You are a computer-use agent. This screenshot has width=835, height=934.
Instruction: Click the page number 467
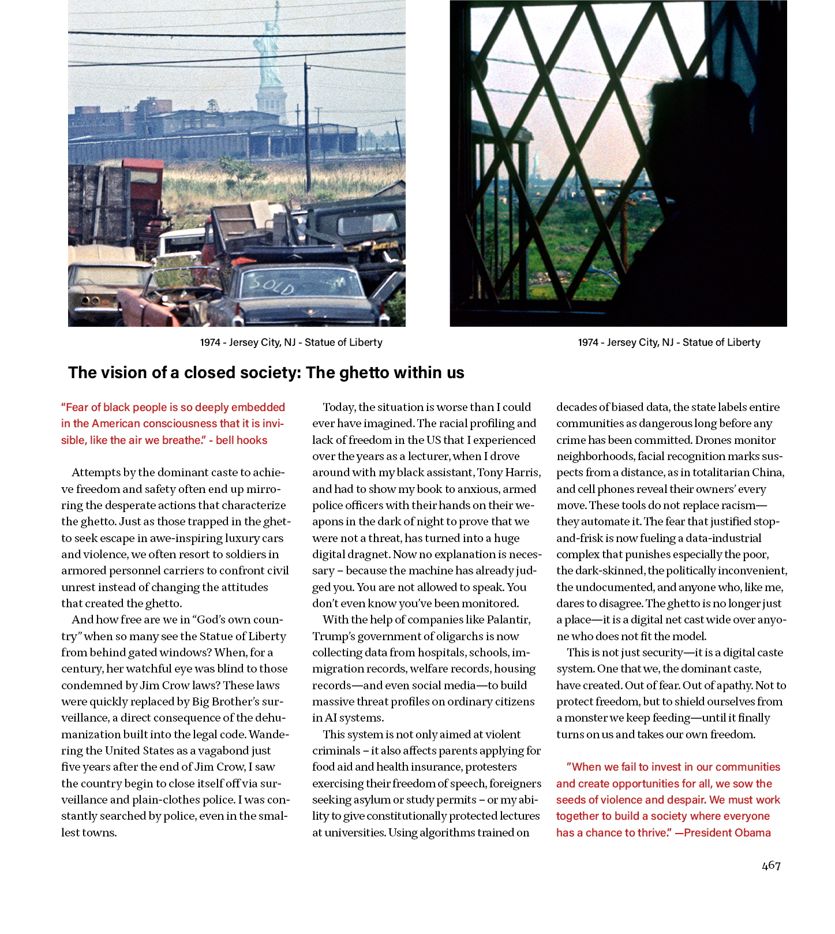[771, 865]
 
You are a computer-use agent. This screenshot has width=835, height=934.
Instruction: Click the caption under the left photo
[291, 342]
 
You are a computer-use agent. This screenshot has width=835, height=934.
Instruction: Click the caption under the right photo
[669, 342]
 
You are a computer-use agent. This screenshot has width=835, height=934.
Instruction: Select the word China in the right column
[768, 473]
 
